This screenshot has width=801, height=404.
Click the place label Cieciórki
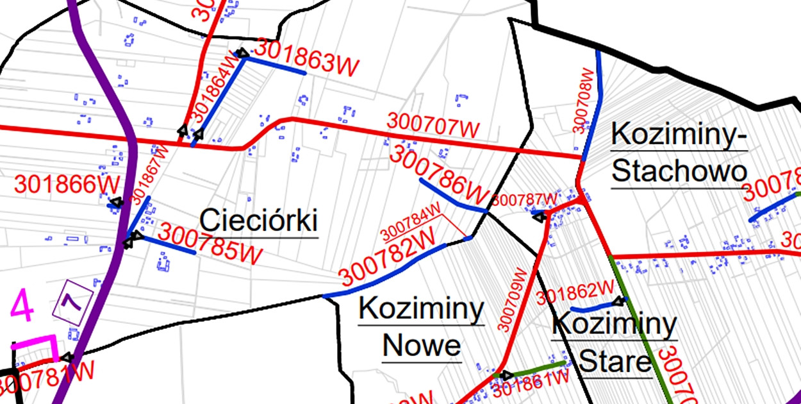pos(259,221)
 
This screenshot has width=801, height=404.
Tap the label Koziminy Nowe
pos(421,328)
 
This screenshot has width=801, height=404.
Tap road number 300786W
pos(439,174)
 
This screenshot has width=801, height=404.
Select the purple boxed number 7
pos(75,300)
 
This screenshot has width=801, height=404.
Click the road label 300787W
pos(526,199)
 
